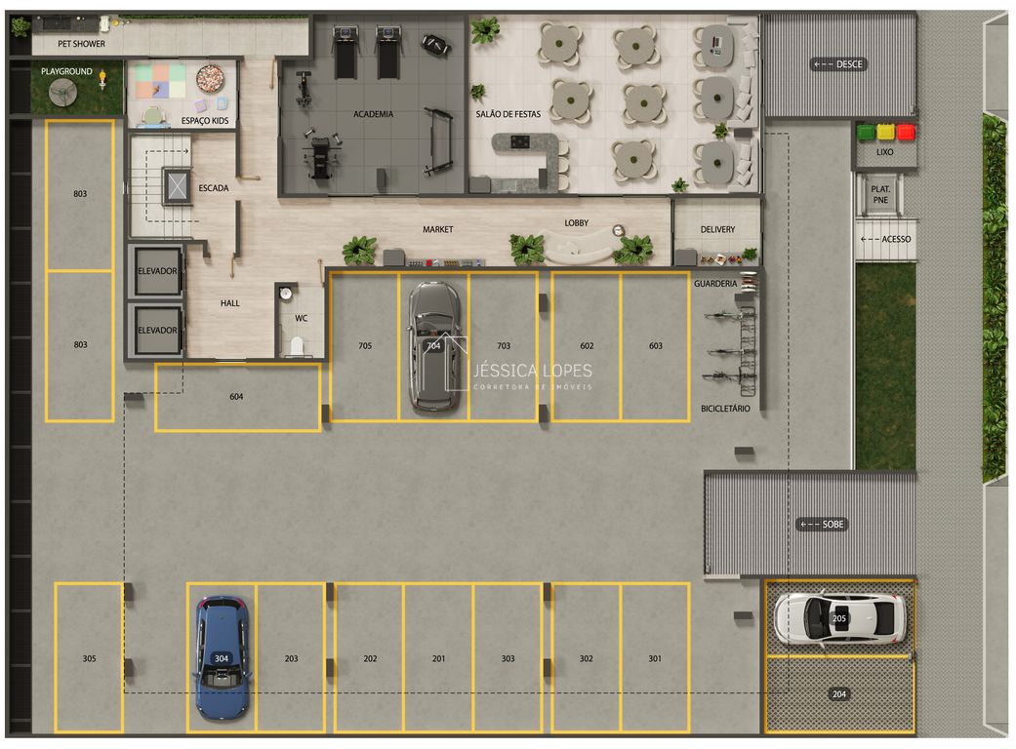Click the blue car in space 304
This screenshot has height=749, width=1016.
click(x=223, y=656)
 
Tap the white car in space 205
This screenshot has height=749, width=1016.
click(x=839, y=617)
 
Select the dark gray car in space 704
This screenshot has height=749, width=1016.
click(x=432, y=345)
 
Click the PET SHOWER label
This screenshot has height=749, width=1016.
click(x=82, y=44)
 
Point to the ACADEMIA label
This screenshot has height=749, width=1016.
click(x=373, y=114)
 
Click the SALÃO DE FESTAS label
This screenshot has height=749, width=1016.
click(x=508, y=114)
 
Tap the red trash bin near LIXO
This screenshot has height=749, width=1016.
click(x=906, y=132)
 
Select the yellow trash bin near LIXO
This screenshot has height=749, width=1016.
click(x=885, y=132)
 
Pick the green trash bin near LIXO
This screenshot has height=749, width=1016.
click(x=865, y=132)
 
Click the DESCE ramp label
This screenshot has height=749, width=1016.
click(x=839, y=64)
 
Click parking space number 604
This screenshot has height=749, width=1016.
click(x=236, y=397)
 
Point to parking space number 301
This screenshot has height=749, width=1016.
click(x=655, y=658)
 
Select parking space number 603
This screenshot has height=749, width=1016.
click(x=655, y=346)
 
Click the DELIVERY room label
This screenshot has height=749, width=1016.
click(x=717, y=230)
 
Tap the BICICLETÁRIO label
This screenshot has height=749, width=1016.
click(x=725, y=409)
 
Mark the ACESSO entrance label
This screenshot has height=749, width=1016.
click(x=885, y=239)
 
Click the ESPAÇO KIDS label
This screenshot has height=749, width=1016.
click(x=205, y=121)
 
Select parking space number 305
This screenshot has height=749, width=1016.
click(x=89, y=658)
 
